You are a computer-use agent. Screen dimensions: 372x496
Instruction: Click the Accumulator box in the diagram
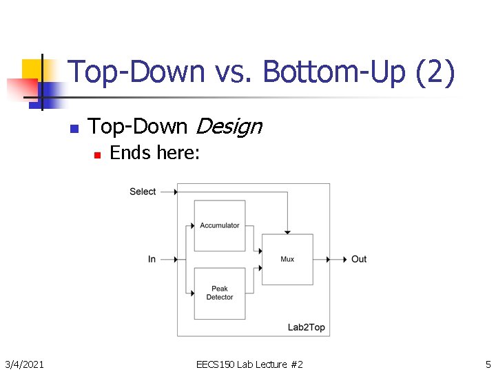(220, 225)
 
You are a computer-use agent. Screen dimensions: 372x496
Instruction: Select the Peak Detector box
(220, 293)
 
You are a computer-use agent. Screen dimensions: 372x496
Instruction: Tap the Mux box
(287, 259)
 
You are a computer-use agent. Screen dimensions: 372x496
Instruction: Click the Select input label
(143, 192)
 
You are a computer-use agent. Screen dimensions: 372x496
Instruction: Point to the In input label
(152, 259)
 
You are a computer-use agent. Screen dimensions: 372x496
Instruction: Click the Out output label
(359, 259)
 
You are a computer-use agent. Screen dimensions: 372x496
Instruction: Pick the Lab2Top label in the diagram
(306, 327)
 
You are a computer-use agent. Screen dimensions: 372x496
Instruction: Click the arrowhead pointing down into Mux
(287, 231)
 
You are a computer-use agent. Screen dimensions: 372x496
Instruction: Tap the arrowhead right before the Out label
(345, 259)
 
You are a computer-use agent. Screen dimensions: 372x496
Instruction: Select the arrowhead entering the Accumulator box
(191, 225)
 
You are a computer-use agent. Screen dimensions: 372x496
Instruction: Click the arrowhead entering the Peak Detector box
(191, 293)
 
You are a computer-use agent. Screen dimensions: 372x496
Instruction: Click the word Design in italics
(229, 127)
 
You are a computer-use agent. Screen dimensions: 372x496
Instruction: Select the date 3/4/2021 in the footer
(25, 364)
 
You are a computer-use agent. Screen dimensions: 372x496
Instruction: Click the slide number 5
(488, 364)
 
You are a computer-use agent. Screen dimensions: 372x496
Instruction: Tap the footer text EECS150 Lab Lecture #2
(249, 364)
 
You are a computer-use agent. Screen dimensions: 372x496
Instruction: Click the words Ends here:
(155, 153)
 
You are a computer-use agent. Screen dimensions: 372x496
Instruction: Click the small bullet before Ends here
(97, 154)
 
